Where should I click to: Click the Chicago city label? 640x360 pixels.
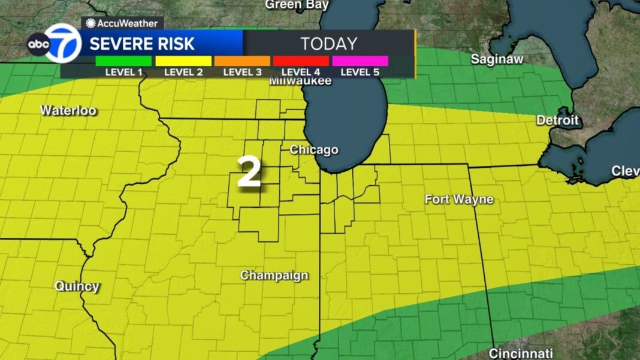click(x=314, y=150)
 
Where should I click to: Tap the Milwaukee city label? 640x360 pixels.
click(x=300, y=81)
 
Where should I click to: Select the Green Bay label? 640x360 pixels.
click(x=297, y=5)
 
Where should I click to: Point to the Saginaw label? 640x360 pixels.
click(x=497, y=59)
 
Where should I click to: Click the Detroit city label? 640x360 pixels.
click(x=558, y=120)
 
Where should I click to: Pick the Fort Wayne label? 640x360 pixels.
click(x=459, y=199)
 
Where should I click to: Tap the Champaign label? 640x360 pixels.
click(x=274, y=276)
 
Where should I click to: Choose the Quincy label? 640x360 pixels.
click(x=77, y=286)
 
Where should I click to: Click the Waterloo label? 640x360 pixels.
click(x=68, y=110)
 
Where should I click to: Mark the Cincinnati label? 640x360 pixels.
click(x=521, y=353)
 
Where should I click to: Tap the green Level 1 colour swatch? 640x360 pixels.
click(x=123, y=60)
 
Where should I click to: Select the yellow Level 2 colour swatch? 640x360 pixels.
click(x=183, y=60)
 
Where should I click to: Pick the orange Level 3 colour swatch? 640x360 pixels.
click(x=241, y=60)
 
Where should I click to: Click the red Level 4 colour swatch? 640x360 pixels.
click(x=301, y=60)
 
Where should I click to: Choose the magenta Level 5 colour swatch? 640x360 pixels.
click(x=360, y=60)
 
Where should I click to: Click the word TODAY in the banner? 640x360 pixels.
click(x=328, y=44)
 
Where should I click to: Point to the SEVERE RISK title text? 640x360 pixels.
click(x=142, y=44)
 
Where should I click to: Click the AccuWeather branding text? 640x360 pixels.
click(x=123, y=23)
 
